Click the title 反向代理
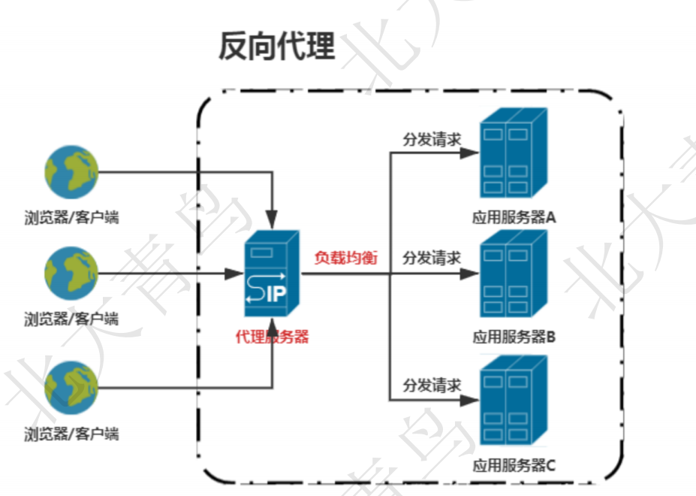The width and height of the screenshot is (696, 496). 276,47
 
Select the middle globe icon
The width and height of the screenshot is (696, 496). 71,274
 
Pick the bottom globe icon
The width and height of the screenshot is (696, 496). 71,388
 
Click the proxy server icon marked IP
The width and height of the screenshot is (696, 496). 271,274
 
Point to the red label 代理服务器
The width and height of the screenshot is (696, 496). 272,337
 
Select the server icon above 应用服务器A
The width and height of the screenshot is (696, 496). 514,154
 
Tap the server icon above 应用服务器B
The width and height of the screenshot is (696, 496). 514,274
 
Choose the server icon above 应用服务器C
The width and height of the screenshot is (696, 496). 514,400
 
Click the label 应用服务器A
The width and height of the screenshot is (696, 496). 514,218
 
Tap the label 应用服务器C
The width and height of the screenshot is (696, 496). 514,464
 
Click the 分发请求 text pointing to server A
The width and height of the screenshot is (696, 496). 431,141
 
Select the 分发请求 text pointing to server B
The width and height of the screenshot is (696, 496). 431,259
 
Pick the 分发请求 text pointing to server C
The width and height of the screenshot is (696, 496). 431,386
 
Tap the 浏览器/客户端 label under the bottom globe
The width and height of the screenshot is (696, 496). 71,434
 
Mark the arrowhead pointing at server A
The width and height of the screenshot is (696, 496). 469,153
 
